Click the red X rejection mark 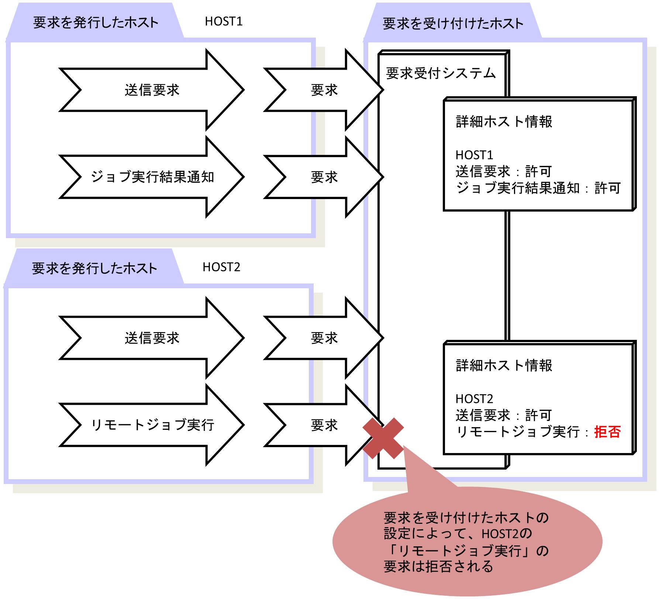click(x=383, y=438)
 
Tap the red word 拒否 click(x=607, y=432)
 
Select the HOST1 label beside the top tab click(x=224, y=21)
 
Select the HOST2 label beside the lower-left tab click(x=221, y=267)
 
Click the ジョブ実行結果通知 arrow click(x=152, y=177)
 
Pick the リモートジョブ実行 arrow click(x=152, y=425)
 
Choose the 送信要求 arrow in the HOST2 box click(x=152, y=338)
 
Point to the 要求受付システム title click(x=441, y=74)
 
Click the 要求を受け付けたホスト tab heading click(x=453, y=24)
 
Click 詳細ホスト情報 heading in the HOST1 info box click(x=504, y=122)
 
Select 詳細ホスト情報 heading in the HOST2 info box click(x=504, y=366)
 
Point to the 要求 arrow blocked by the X click(x=324, y=425)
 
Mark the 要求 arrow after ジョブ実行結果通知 click(x=324, y=177)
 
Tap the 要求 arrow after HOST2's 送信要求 click(x=324, y=338)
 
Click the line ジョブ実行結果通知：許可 click(x=538, y=188)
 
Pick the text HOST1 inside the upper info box click(x=474, y=155)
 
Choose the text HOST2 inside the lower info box click(x=474, y=399)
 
